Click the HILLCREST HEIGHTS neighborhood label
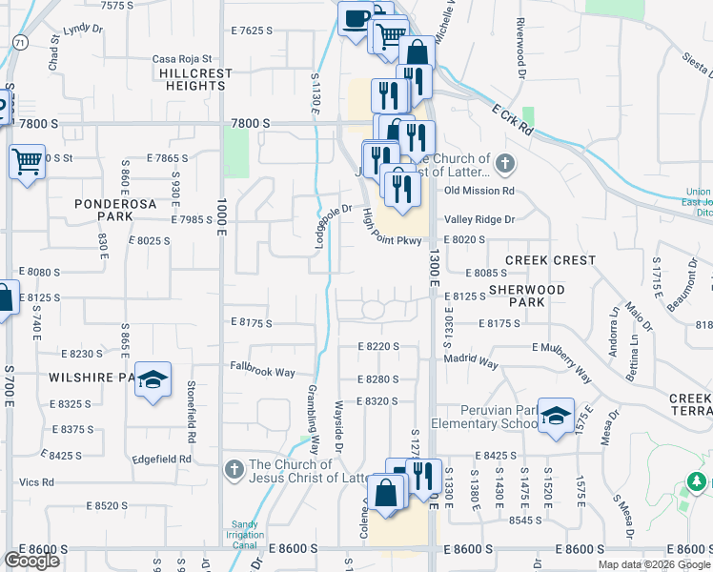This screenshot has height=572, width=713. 192,79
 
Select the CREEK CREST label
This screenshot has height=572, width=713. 550,260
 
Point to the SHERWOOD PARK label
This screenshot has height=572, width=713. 526,296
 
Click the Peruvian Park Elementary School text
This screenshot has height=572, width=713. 484,417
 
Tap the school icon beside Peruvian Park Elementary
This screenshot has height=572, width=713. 556,416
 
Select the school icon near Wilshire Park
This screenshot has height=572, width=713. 152,380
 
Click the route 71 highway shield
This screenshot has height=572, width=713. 20,42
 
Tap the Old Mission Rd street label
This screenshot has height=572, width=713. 479,191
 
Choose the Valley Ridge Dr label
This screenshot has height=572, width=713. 479,219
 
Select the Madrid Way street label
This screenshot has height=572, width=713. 471,363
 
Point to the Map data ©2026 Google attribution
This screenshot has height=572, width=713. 653,564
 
